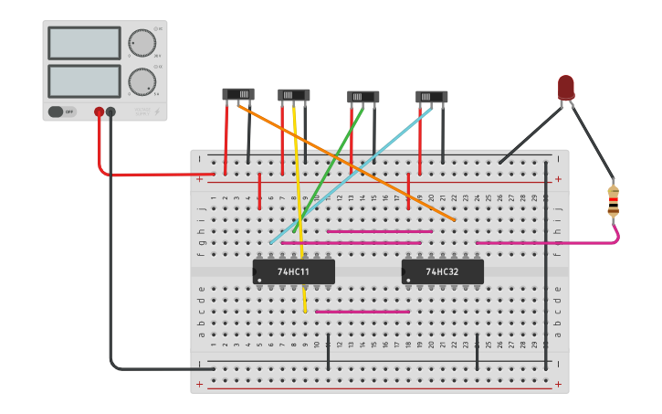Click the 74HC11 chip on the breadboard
(x=293, y=271)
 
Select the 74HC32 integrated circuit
(x=442, y=271)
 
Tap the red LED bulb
(x=566, y=87)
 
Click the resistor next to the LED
(x=613, y=201)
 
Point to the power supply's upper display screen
(x=84, y=43)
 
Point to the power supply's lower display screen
(x=84, y=81)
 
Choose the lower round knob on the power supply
(x=142, y=81)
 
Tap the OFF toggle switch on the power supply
(x=62, y=111)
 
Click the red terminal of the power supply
(x=99, y=112)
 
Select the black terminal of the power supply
(x=110, y=112)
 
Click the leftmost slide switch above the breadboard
(x=238, y=94)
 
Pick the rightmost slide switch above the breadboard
(x=432, y=96)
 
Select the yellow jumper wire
(x=299, y=210)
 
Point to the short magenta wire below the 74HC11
(x=363, y=312)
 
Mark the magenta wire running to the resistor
(x=548, y=243)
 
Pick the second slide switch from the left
(x=294, y=95)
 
